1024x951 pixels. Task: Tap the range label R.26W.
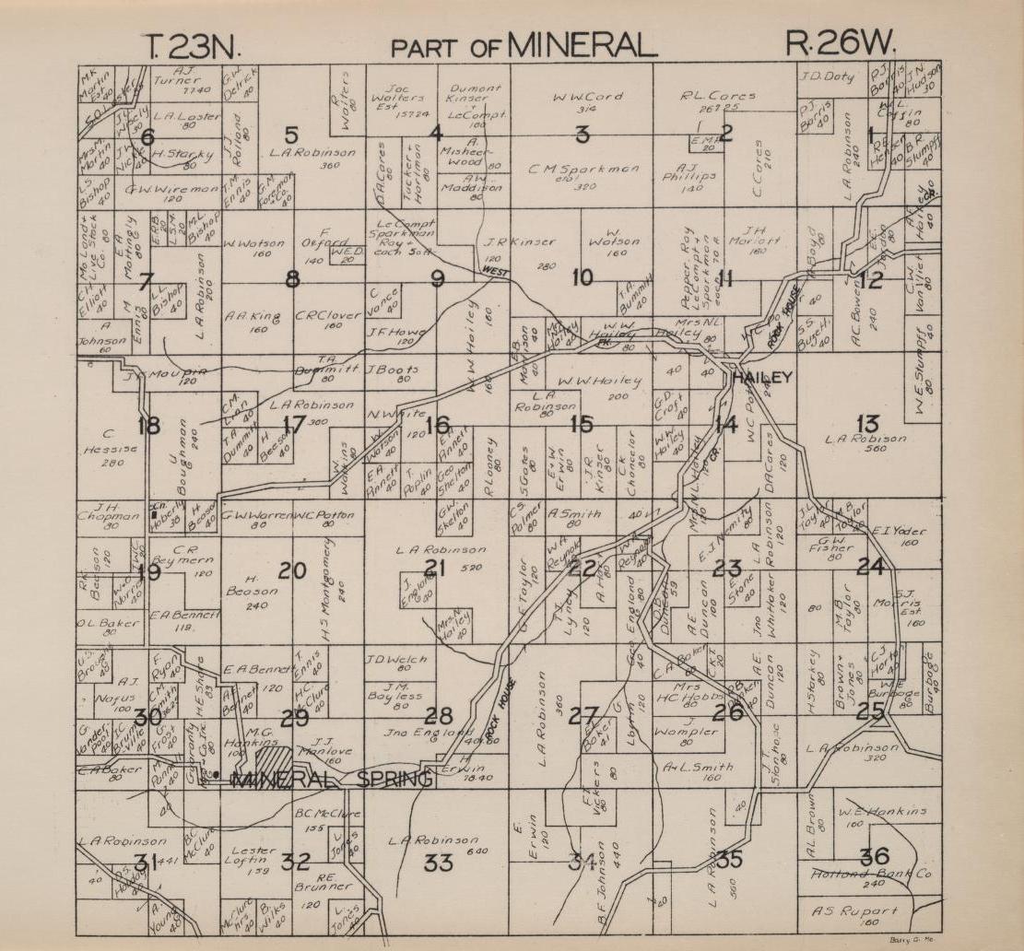[x=841, y=42]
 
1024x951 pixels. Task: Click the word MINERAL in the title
[x=581, y=44]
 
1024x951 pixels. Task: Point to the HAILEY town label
[x=761, y=379]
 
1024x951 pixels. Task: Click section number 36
[x=874, y=856]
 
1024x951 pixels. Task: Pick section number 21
[x=434, y=569]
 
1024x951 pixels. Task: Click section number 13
[x=867, y=423]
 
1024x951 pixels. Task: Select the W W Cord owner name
[x=587, y=97]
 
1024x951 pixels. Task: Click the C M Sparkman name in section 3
[x=584, y=169]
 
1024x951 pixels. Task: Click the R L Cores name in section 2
[x=718, y=95]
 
